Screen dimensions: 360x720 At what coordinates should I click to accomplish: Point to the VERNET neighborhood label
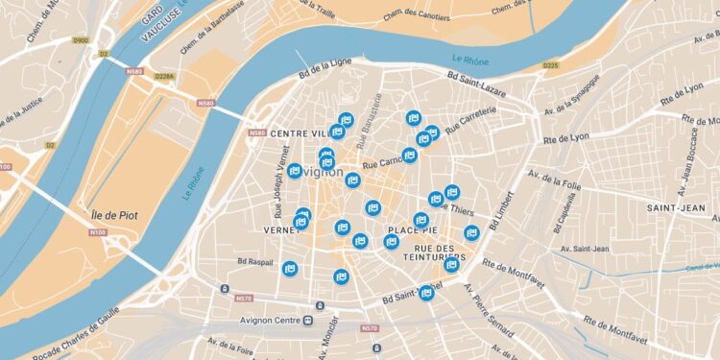click(281, 230)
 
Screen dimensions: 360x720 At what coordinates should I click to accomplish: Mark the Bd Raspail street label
click(254, 261)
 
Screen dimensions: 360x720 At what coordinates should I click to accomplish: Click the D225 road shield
click(550, 65)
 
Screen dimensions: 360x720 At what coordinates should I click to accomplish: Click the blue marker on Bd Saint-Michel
click(426, 293)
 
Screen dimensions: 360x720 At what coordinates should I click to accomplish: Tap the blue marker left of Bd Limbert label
click(471, 232)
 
